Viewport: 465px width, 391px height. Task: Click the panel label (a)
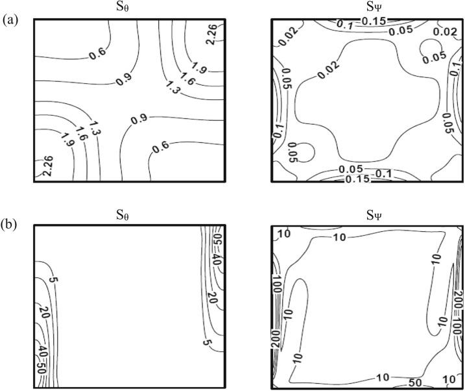[9, 20]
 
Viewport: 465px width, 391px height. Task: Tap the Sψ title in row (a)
[365, 7]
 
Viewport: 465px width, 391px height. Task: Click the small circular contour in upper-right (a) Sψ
[430, 48]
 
